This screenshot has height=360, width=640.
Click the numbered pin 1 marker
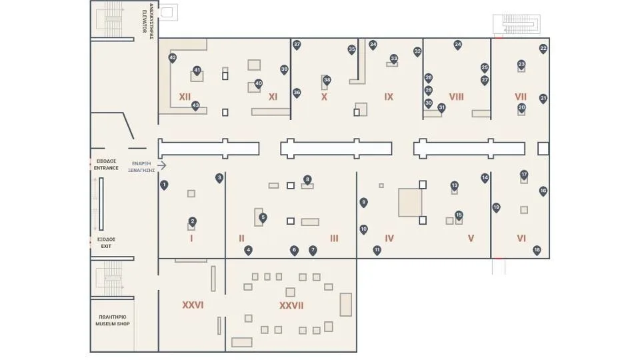click(x=164, y=185)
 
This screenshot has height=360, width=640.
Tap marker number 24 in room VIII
click(x=458, y=45)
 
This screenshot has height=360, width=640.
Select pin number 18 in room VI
click(x=537, y=250)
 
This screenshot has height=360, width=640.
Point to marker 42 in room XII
click(x=173, y=58)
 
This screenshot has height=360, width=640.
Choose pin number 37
click(x=297, y=45)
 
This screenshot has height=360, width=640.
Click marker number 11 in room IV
click(x=377, y=250)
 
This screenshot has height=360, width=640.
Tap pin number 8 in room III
click(x=307, y=179)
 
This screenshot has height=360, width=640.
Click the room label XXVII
click(x=291, y=305)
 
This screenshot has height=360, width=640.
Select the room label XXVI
click(x=193, y=305)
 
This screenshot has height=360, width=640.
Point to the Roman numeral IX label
click(x=389, y=97)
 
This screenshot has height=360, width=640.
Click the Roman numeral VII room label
click(x=521, y=97)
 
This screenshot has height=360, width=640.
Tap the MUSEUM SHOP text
click(x=112, y=324)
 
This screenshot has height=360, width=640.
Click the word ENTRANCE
click(x=106, y=168)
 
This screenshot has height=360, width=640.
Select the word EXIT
click(x=106, y=246)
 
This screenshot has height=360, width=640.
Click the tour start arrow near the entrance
click(x=161, y=165)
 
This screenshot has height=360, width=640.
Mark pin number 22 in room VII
click(x=543, y=48)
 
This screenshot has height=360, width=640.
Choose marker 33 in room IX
click(x=394, y=58)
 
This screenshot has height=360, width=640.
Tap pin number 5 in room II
click(x=263, y=217)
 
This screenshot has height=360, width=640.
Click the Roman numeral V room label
click(x=471, y=238)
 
